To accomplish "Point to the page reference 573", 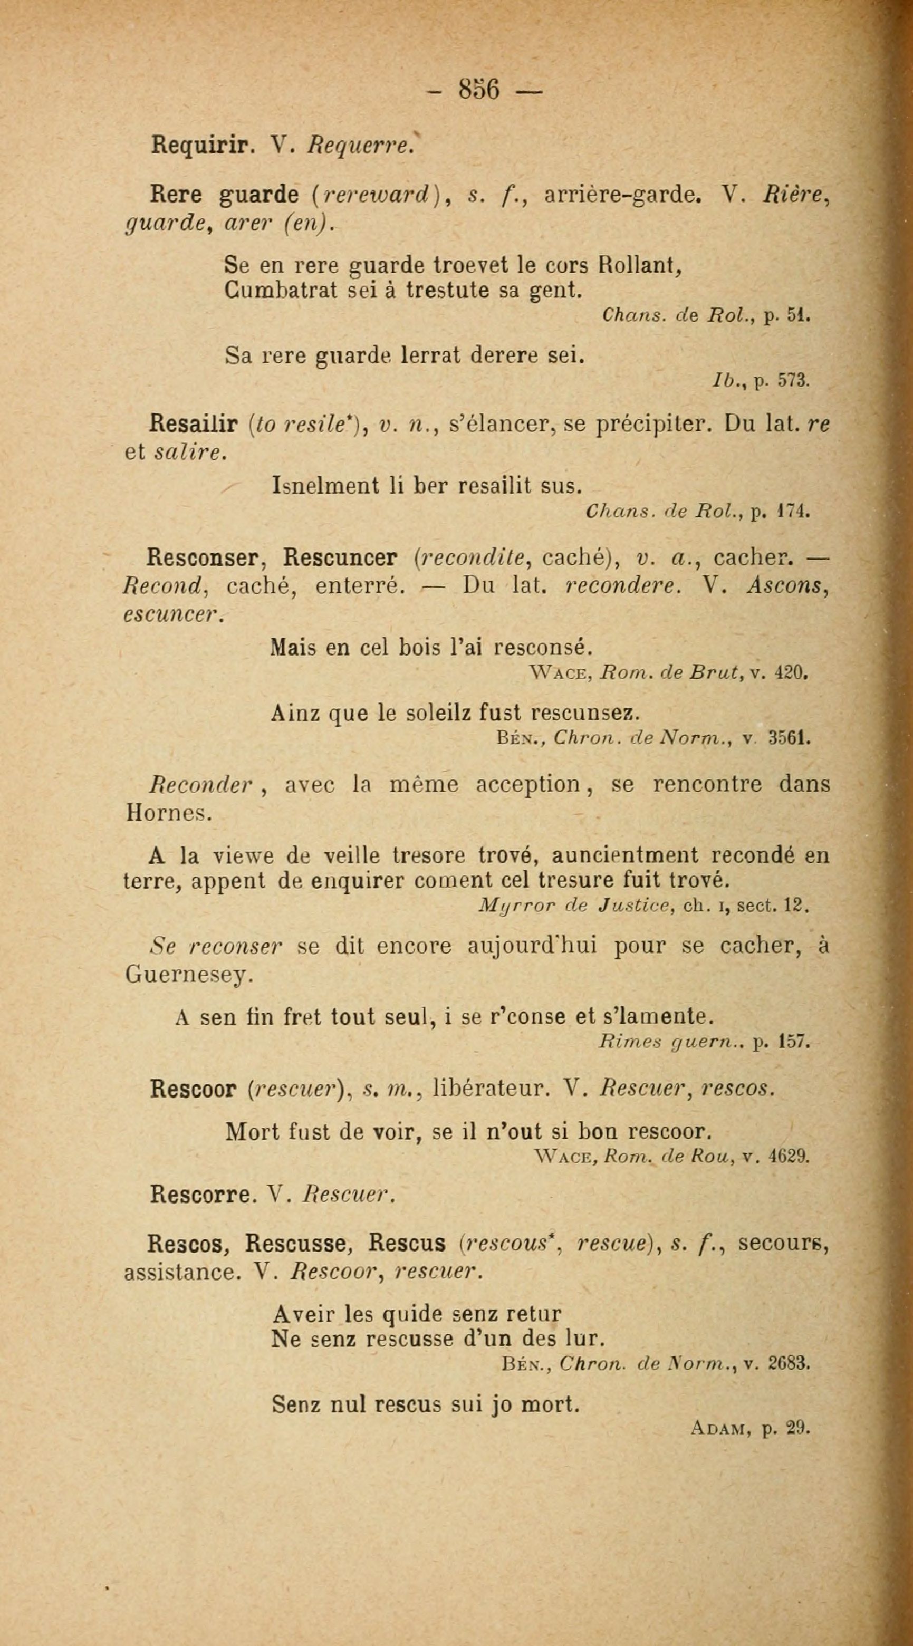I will pyautogui.click(x=794, y=381).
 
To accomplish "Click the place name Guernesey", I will pyautogui.click(x=186, y=974).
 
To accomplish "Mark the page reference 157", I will pyautogui.click(x=794, y=1042).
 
